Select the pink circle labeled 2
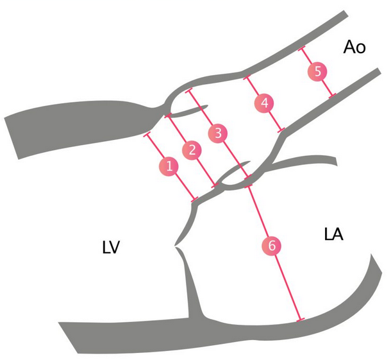tap(190, 151)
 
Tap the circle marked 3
tap(217, 133)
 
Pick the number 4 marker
tap(263, 103)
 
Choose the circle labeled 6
tap(272, 245)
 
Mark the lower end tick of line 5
tap(333, 96)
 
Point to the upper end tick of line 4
tap(246, 78)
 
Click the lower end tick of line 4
tap(281, 131)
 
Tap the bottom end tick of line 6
tap(299, 319)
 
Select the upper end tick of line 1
tap(146, 135)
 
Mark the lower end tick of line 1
tap(194, 201)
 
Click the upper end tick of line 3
tap(188, 92)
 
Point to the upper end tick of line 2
tap(168, 116)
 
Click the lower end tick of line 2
tap(215, 185)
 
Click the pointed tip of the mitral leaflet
tap(174, 245)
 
